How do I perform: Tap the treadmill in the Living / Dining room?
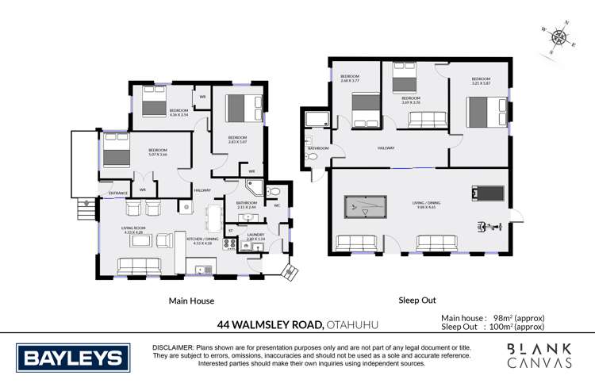pos(486,193)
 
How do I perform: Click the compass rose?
pos(559,36)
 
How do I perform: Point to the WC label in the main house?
pos(277,206)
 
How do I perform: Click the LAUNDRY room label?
pos(255,236)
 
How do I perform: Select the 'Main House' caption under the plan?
pos(191,301)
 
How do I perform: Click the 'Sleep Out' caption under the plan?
pos(417,301)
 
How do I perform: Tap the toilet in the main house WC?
pos(274,191)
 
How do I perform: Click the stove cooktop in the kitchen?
pos(230,244)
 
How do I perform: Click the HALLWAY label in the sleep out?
pos(386,148)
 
